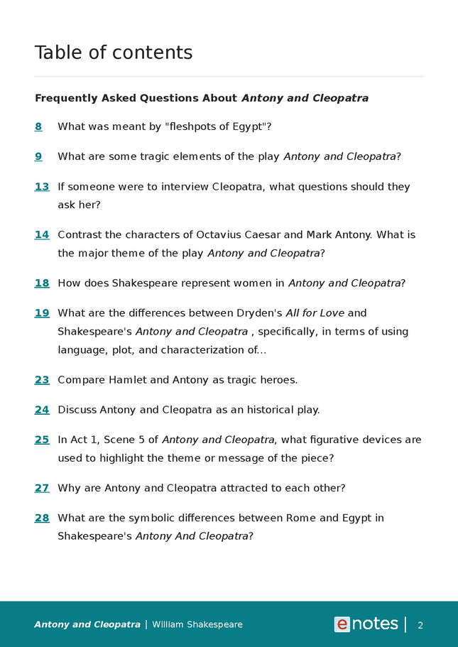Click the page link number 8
[38, 126]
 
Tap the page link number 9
[38, 156]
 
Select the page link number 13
[42, 187]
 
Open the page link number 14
[42, 234]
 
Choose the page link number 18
[42, 283]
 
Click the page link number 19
[42, 312]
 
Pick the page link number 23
[42, 380]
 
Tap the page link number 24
[42, 410]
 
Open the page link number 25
[42, 440]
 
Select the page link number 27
[42, 488]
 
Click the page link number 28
[42, 518]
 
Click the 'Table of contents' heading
[114, 53]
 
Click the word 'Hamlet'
[127, 380]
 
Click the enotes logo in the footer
[366, 624]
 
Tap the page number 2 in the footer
[420, 625]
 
